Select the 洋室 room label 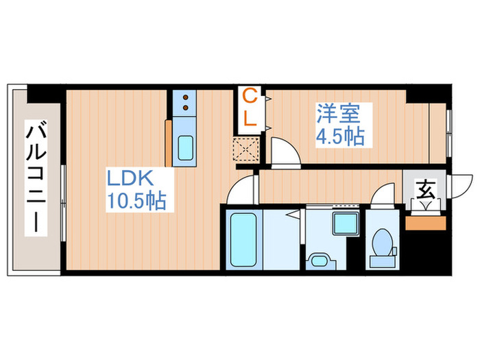335,111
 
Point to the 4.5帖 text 339,136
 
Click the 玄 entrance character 426,187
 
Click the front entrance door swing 461,189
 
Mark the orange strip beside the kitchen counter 168,143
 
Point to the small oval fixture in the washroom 320,260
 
